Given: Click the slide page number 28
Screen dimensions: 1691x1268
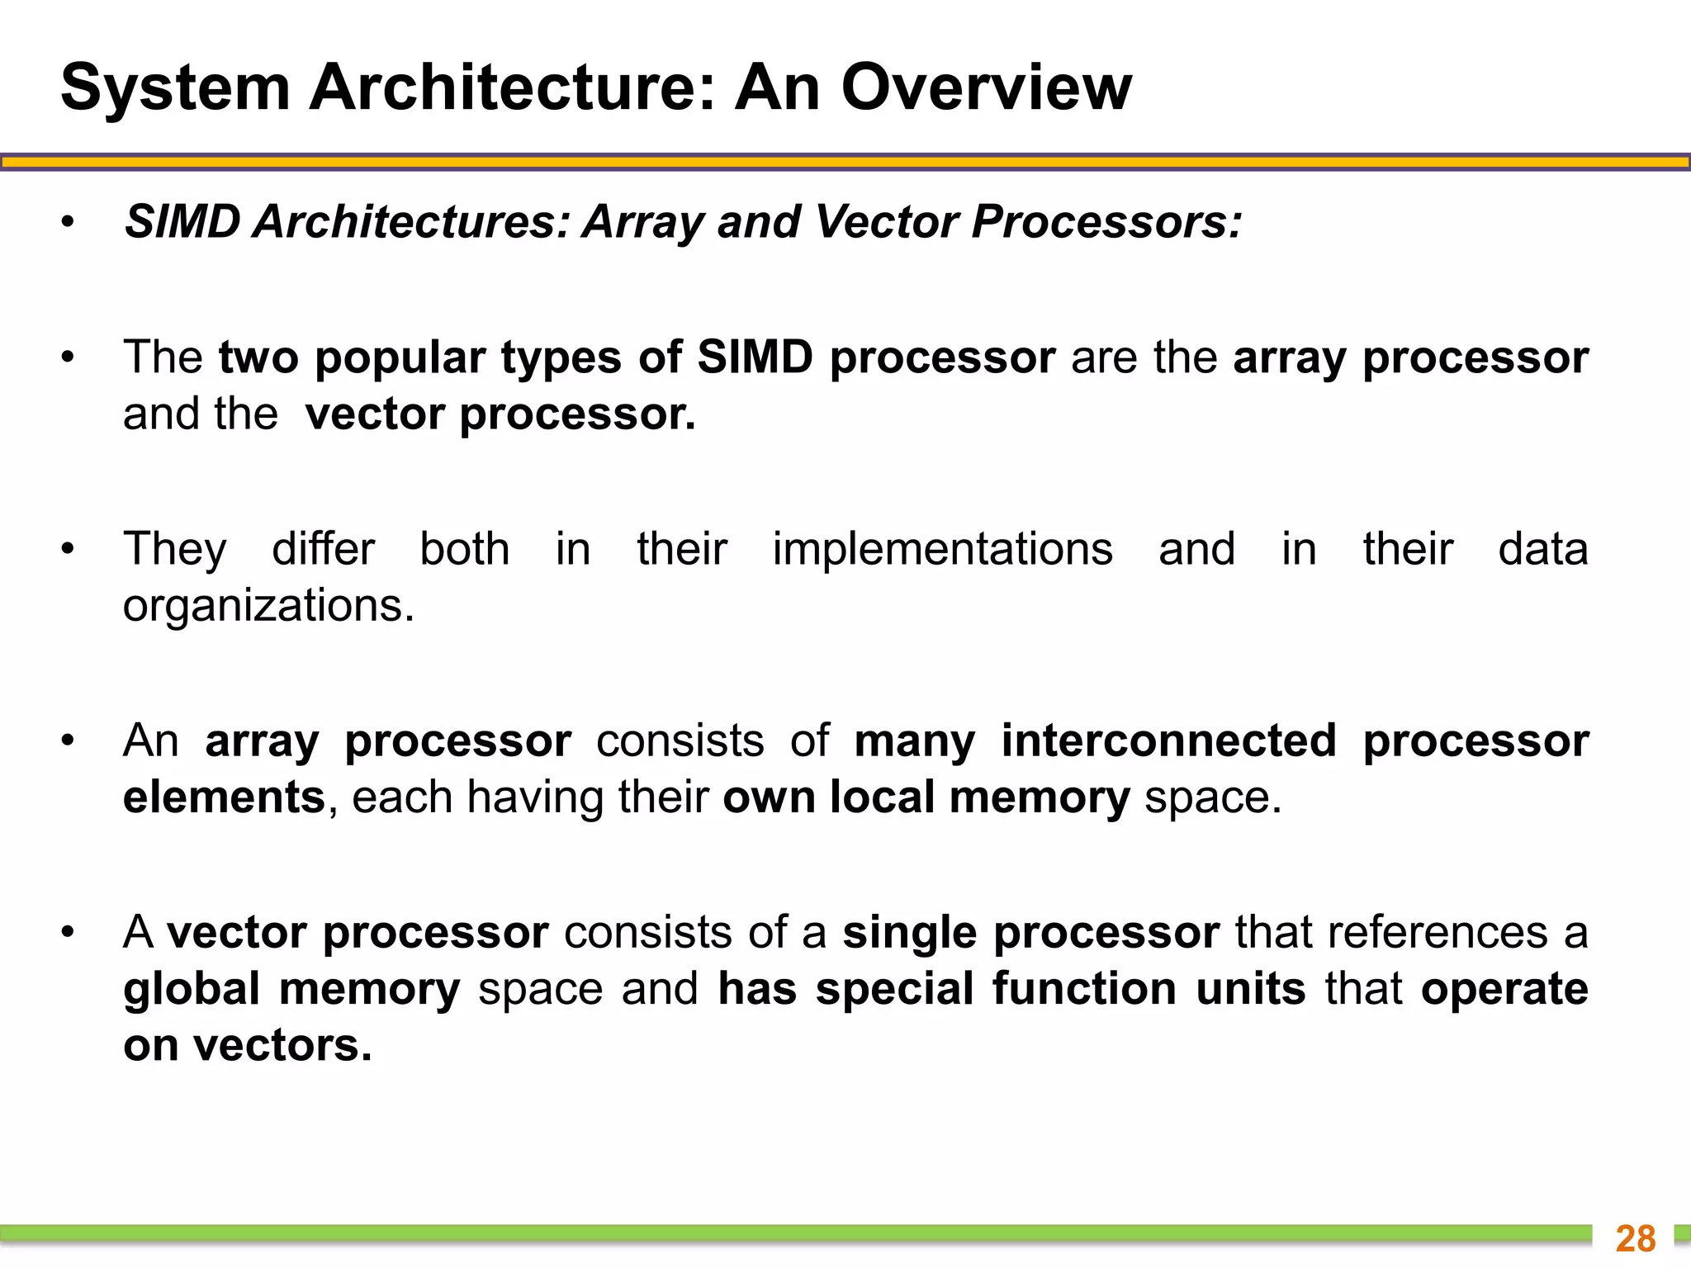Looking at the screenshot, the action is point(1635,1238).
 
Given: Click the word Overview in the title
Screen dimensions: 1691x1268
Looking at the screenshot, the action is point(986,88).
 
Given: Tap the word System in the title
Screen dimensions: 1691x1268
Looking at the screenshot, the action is point(175,88).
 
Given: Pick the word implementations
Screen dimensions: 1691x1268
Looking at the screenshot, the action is point(942,549).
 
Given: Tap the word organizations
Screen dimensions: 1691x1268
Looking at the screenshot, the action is point(268,606).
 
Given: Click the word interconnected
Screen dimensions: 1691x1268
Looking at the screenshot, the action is point(1168,740).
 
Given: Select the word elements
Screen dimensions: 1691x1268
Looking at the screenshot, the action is point(224,797).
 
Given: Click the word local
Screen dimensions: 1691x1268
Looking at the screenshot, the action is point(881,797).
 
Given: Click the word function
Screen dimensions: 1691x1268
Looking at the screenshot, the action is point(1084,989).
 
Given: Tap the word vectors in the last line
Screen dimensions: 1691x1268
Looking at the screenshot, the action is point(282,1045).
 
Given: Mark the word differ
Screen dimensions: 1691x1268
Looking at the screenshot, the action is point(323,549).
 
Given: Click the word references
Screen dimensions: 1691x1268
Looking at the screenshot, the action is point(1437,933).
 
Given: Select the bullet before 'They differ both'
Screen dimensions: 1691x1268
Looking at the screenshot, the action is point(68,549).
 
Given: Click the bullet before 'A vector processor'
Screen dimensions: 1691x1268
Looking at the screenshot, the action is point(68,933).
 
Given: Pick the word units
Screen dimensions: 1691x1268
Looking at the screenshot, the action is point(1250,989).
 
